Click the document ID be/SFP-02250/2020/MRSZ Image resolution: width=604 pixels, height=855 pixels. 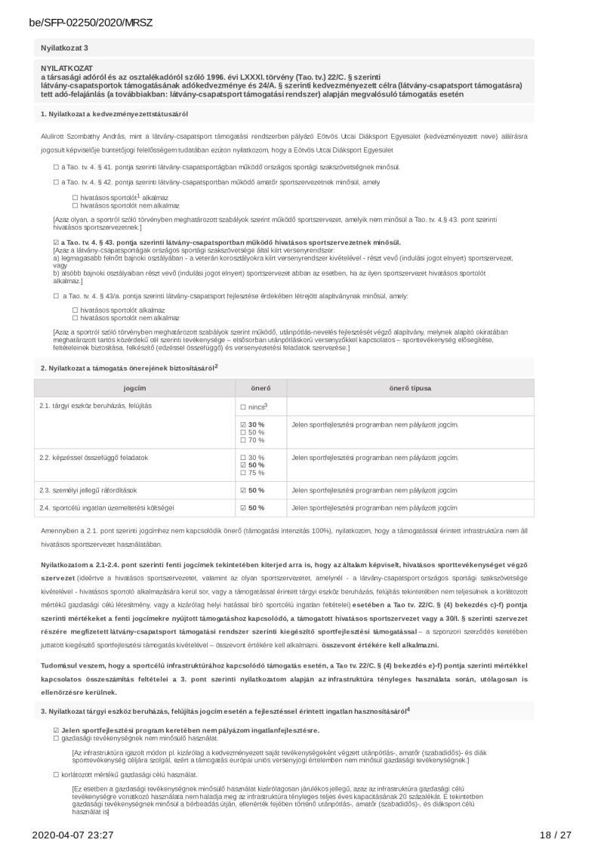tap(91, 23)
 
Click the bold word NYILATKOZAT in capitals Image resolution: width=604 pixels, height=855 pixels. tap(62, 68)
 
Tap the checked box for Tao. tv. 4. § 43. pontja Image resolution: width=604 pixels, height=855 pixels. tap(56, 242)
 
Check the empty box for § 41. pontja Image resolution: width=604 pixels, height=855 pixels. tap(56, 166)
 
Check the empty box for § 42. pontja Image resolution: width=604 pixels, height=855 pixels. tap(56, 182)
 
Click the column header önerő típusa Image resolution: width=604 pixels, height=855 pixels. tap(410, 387)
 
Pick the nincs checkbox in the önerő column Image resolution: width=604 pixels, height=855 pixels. tap(243, 407)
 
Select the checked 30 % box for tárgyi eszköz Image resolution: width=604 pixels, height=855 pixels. tap(243, 424)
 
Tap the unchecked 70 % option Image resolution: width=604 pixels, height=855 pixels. tap(243, 440)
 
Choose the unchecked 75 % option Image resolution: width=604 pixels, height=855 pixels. tap(243, 473)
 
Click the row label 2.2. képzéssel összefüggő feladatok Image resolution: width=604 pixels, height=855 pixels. tap(94, 458)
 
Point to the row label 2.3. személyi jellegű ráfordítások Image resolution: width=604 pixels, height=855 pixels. tap(88, 490)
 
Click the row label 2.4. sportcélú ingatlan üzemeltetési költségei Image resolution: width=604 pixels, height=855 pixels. tap(106, 508)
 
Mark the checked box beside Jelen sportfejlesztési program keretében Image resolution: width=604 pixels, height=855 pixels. tap(56, 730)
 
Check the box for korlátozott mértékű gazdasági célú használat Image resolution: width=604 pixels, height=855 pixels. tap(56, 775)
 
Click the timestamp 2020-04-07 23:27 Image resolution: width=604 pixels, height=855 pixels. tap(72, 835)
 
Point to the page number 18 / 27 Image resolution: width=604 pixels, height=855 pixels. tap(556, 835)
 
